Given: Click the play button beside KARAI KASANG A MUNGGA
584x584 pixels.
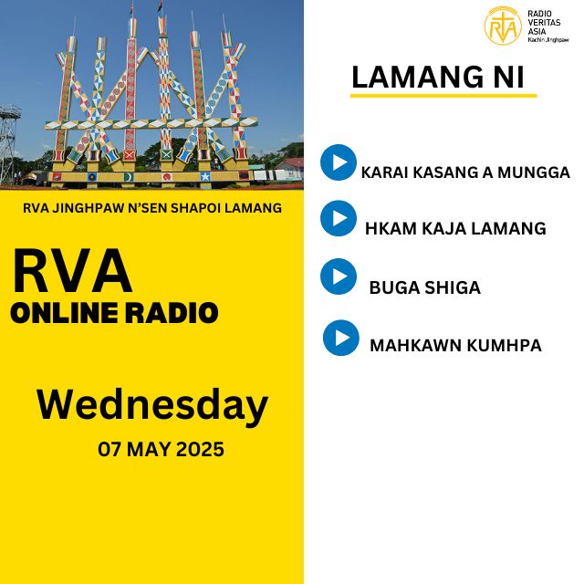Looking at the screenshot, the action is click(x=339, y=162).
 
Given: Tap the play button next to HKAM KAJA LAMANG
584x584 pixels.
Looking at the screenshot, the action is click(x=339, y=218).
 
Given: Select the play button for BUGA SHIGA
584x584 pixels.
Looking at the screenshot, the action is click(x=339, y=276).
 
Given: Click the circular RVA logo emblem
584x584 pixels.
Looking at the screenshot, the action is click(x=503, y=26).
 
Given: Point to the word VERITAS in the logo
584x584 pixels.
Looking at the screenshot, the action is click(x=544, y=22).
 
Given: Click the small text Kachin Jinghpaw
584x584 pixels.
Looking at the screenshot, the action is click(x=548, y=40).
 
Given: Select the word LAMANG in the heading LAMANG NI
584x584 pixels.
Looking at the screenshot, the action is click(x=413, y=77).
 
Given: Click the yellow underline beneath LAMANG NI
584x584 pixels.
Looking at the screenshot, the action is click(x=443, y=96).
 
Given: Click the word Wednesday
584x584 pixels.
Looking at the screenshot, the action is click(x=152, y=405).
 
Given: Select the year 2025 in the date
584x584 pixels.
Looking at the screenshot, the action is click(x=200, y=449).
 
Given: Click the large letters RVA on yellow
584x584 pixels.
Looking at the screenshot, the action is click(x=72, y=271).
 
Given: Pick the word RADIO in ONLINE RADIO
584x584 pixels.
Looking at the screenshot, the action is click(x=171, y=312).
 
